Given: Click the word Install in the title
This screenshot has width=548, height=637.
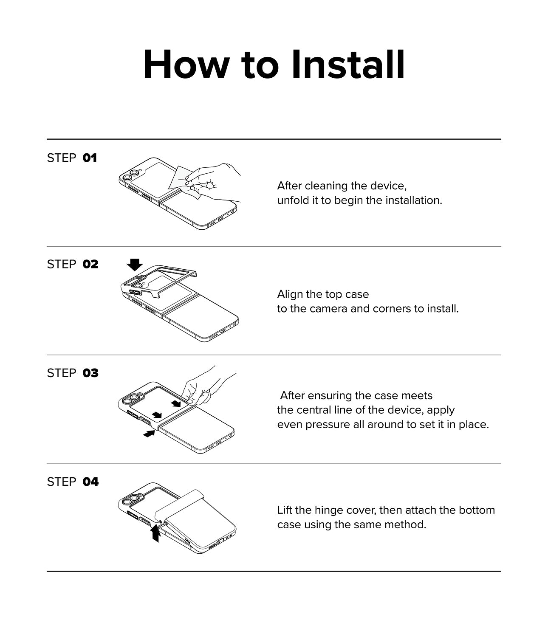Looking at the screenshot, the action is click(x=347, y=65).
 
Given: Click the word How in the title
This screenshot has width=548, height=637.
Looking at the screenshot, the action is click(x=186, y=65).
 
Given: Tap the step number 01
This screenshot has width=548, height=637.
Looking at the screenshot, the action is click(x=90, y=158).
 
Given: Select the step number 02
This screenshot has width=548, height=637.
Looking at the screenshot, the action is click(x=90, y=264).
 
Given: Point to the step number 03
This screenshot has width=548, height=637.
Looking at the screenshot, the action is click(x=90, y=373).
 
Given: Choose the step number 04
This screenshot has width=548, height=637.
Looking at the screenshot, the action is click(x=90, y=482).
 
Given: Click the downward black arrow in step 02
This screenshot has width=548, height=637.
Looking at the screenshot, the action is click(x=135, y=265).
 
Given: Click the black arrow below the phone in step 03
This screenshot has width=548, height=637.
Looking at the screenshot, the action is click(x=149, y=433).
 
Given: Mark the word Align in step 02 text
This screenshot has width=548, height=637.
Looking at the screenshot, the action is click(x=289, y=294).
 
